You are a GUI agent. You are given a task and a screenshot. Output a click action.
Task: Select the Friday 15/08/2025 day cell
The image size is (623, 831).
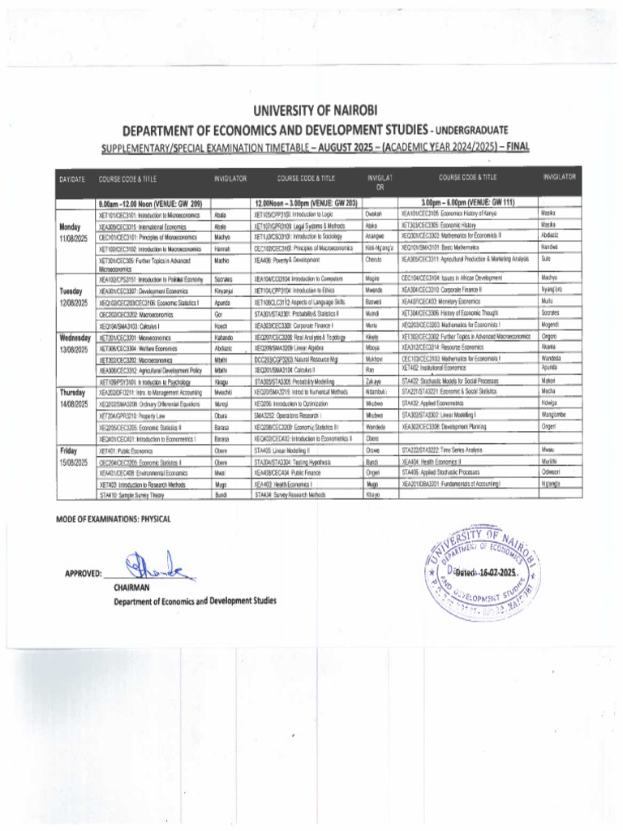71,454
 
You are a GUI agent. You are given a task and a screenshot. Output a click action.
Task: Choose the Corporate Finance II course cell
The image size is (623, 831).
442,289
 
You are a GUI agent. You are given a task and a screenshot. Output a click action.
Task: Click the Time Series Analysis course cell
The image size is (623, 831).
442,449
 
